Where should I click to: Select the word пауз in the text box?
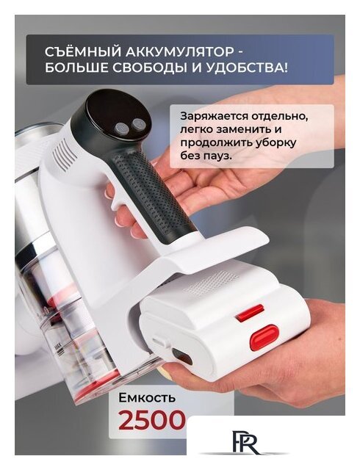221,156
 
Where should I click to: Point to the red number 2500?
152,421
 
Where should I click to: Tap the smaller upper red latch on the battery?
250,313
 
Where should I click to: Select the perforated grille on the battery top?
209,283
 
